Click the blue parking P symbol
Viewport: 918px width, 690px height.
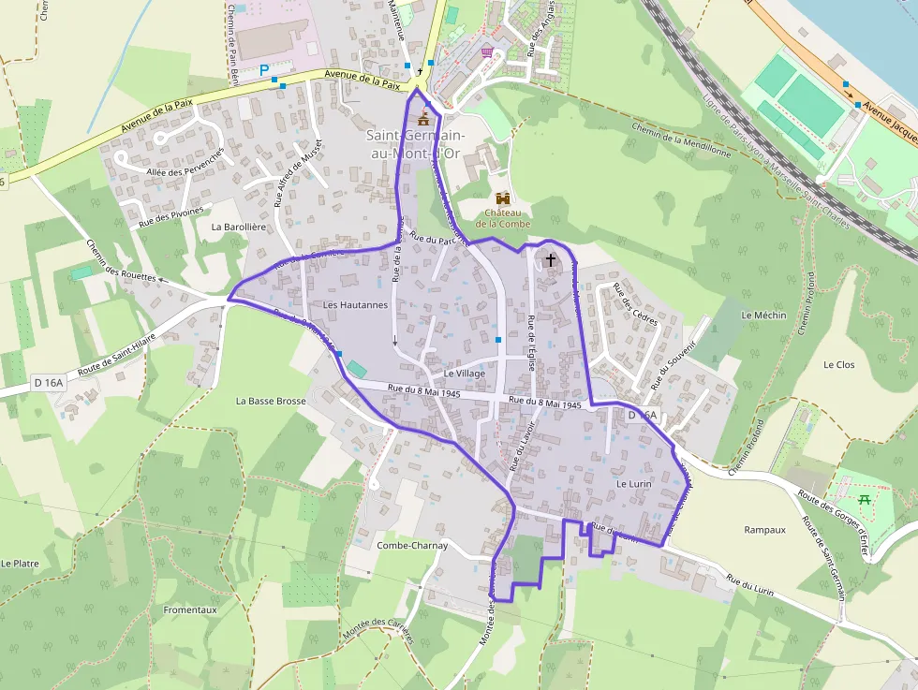tap(265, 69)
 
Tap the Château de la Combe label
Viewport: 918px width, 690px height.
tap(503, 217)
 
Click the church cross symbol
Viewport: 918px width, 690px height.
tap(550, 259)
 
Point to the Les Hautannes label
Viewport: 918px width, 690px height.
tap(355, 305)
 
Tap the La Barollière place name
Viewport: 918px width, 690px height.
tap(241, 227)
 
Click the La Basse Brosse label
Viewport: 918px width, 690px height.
tap(271, 401)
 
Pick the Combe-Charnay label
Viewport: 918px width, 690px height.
tap(412, 545)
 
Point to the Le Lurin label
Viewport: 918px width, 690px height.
tap(633, 484)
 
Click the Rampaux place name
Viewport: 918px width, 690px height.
tap(764, 529)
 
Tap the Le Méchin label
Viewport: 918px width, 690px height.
tap(763, 316)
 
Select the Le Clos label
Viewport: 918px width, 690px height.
tap(838, 364)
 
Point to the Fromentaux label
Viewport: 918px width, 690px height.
tap(190, 609)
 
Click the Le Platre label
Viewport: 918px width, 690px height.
tap(20, 564)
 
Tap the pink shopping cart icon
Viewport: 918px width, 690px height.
tap(487, 52)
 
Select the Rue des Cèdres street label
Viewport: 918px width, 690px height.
tap(635, 304)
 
